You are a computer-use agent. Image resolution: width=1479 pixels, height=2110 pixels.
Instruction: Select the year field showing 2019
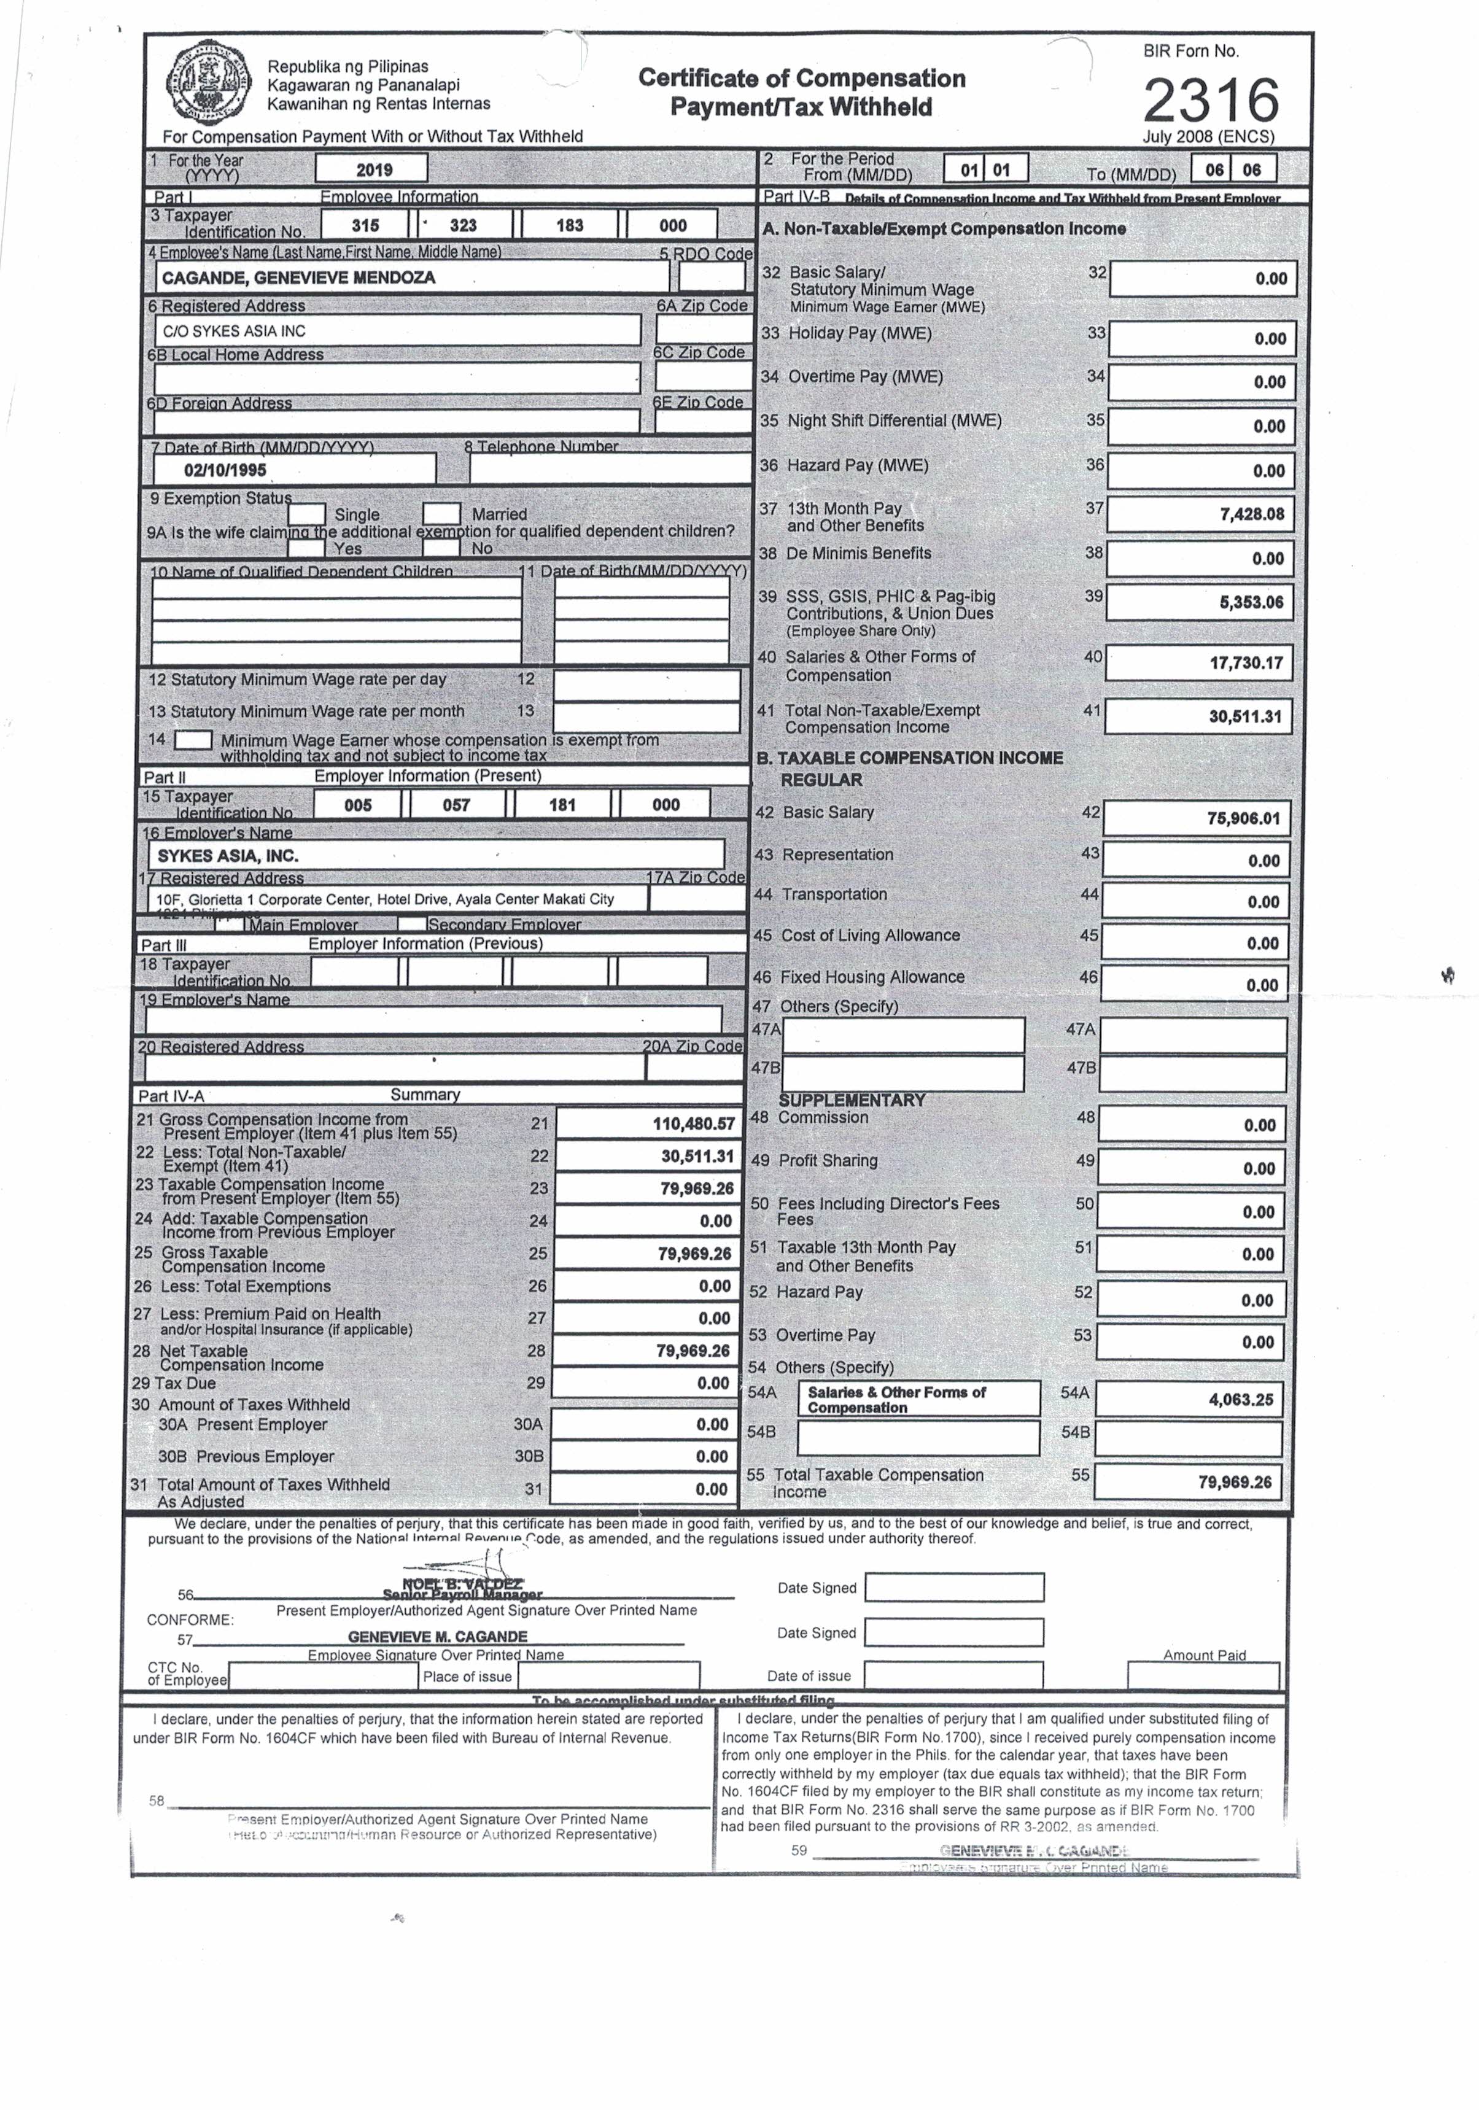coord(371,169)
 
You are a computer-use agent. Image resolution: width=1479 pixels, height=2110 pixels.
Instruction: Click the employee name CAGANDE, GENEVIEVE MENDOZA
coord(299,277)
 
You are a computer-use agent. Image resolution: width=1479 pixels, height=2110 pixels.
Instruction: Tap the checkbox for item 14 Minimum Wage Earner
coord(193,740)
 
